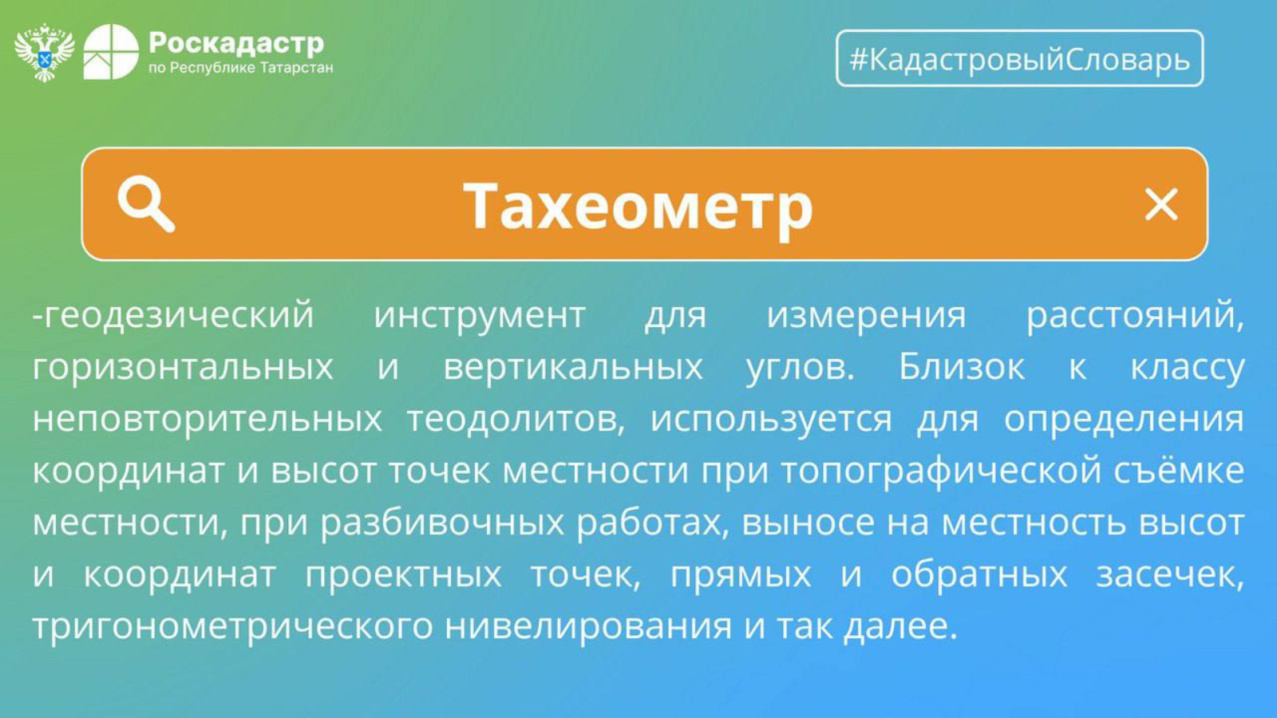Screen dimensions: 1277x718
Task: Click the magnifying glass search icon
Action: [x=146, y=204]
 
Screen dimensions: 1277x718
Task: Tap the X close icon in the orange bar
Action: [x=1161, y=204]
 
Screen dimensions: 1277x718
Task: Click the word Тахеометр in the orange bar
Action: [x=638, y=206]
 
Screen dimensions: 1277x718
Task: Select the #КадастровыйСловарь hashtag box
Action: [x=1020, y=58]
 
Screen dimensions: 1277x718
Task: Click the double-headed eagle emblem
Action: [x=45, y=53]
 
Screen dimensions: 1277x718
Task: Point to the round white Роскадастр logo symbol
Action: [x=111, y=52]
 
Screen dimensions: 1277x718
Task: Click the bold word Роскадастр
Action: [x=236, y=43]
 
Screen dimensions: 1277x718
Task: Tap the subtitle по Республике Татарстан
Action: [x=240, y=69]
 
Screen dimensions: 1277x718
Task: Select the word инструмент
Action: [x=480, y=316]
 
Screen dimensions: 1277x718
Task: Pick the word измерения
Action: [x=866, y=315]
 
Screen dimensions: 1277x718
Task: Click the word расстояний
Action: [x=1134, y=316]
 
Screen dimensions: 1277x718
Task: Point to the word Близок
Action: [x=962, y=366]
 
